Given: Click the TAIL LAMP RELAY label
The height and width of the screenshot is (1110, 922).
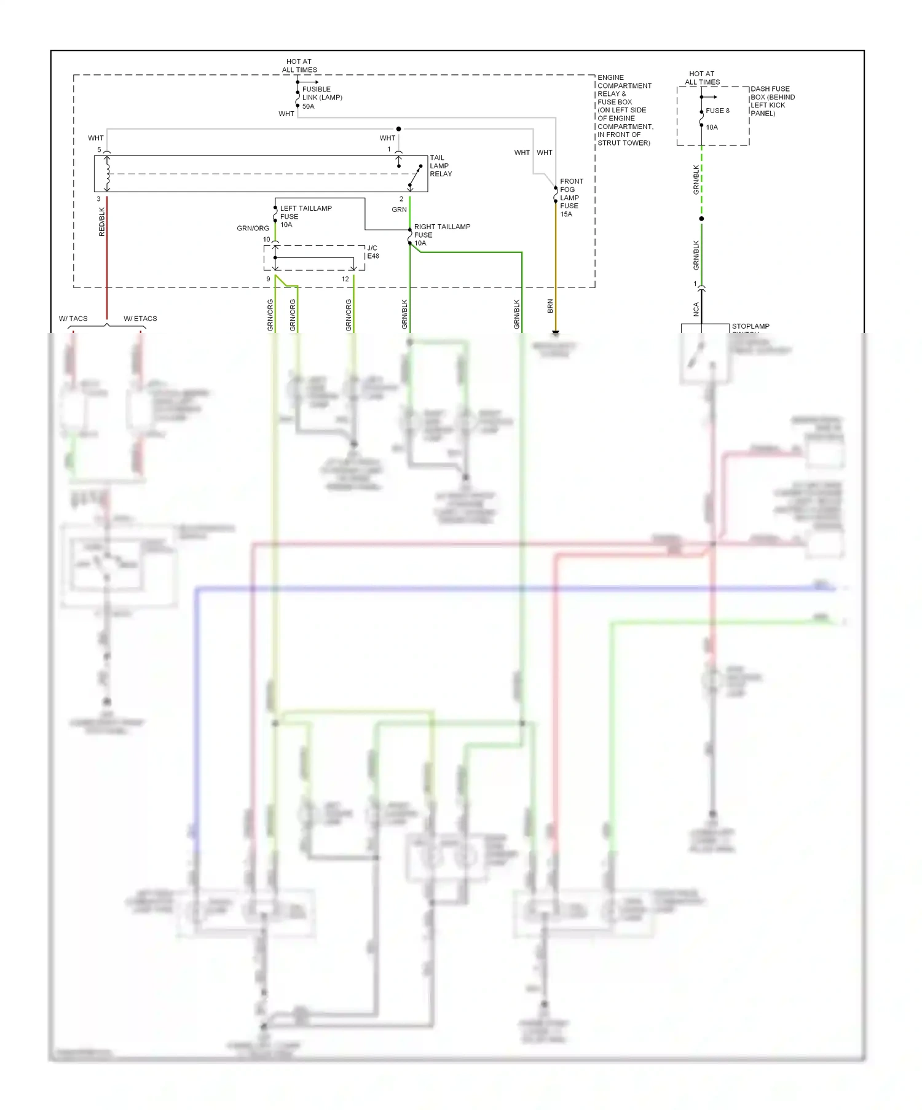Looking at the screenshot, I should coord(440,166).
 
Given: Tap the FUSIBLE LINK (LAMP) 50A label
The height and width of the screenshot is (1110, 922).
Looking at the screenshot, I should coord(321,98).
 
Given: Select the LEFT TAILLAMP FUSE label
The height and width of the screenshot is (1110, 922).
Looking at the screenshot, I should coord(305,216).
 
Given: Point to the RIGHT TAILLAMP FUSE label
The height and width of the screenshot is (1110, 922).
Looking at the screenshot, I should coord(441,235).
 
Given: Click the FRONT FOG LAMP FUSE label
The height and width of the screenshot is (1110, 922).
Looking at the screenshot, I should coord(570,197).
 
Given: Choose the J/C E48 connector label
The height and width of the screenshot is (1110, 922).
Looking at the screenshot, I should coord(372,252).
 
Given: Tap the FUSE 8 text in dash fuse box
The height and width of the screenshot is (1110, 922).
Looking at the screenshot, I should coord(717,111).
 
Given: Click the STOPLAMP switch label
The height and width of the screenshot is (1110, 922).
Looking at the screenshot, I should coord(750,327).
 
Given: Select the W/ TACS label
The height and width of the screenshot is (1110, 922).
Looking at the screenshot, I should coord(73,318).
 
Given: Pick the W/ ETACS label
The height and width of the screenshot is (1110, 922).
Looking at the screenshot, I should coord(140,318).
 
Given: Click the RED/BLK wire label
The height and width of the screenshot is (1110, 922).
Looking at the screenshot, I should coord(102,222).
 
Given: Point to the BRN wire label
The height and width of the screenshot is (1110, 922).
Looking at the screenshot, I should coord(550,306).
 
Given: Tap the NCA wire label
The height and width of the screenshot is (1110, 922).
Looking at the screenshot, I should coord(696,309).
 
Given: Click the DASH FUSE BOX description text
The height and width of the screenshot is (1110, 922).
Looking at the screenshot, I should coord(772,101).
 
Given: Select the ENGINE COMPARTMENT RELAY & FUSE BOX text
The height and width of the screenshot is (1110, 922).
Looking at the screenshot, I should coord(625,110).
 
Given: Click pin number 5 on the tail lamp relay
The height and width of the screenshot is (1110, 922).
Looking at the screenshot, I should coord(99,150).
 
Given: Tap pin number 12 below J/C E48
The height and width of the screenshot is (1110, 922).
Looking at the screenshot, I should coord(345,279).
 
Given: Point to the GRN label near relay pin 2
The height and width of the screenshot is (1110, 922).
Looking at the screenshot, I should coord(399,209).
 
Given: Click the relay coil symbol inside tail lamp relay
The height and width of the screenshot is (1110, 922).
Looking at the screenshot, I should coord(108,173).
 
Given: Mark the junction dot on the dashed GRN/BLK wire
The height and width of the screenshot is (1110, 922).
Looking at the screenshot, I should coord(701,219).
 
